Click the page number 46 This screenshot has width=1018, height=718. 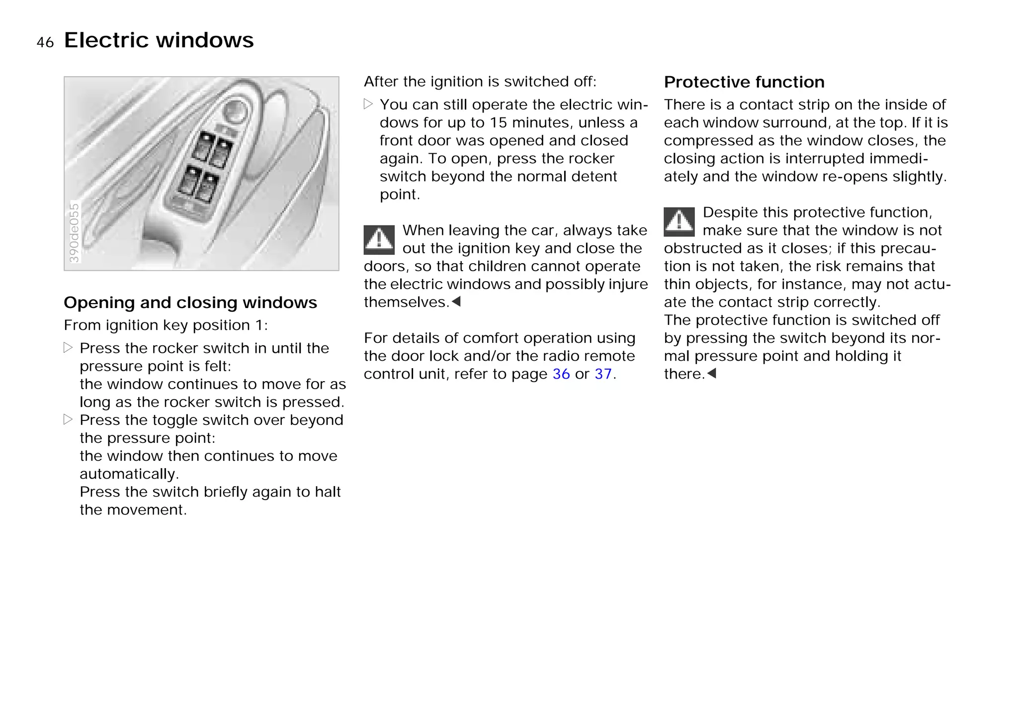tap(45, 43)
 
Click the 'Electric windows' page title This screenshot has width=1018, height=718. tap(159, 40)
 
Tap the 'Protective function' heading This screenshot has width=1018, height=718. tap(744, 82)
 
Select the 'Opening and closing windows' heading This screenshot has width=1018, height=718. tap(190, 303)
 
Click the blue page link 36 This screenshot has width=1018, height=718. tap(561, 374)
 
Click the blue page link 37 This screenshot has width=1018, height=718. tap(603, 374)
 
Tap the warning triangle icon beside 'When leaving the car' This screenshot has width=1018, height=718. tap(379, 239)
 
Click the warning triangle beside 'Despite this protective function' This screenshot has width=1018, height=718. tap(679, 221)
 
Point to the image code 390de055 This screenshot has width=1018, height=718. tap(74, 232)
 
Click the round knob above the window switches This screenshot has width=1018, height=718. tap(235, 111)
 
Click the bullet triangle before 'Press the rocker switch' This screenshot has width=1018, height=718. tap(68, 348)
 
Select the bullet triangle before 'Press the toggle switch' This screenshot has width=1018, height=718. tap(68, 419)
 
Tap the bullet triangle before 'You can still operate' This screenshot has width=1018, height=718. tap(368, 104)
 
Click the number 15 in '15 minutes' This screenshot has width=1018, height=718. tap(498, 123)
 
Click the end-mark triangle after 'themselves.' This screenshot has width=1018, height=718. tap(456, 302)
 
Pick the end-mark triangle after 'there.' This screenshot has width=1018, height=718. tap(711, 373)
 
